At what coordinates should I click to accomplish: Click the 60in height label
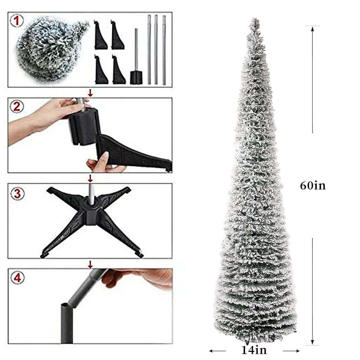(313, 186)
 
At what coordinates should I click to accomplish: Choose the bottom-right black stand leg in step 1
(118, 69)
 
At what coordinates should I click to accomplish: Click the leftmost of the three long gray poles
(149, 49)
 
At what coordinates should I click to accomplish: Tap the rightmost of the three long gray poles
(164, 49)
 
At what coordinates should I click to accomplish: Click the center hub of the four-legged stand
(90, 210)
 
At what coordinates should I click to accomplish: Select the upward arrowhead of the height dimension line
(313, 29)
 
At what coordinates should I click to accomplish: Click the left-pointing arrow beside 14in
(212, 351)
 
